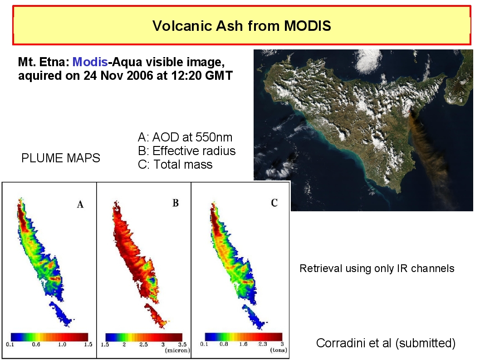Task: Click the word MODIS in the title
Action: [307, 26]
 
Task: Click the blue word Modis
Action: [90, 62]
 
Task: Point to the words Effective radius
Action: [194, 151]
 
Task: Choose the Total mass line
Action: [175, 165]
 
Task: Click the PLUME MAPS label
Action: [61, 158]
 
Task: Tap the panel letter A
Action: [80, 204]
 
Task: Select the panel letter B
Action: [176, 203]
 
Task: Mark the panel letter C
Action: [274, 203]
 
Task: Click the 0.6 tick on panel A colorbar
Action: [36, 345]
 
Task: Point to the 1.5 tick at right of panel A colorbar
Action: [88, 345]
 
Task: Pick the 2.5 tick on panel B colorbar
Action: [143, 345]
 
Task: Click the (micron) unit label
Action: [177, 350]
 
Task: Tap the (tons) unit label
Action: [279, 350]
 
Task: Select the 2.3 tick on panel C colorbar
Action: [263, 344]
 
